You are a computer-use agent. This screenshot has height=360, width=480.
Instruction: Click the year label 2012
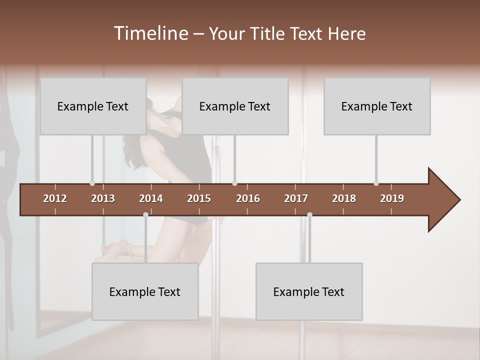click(x=55, y=198)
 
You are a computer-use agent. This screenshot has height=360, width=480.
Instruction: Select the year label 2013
click(x=103, y=198)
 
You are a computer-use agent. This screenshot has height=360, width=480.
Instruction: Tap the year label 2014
click(x=151, y=198)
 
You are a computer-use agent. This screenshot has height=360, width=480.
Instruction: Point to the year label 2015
click(x=199, y=198)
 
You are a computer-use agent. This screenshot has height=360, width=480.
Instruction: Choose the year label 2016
click(x=248, y=198)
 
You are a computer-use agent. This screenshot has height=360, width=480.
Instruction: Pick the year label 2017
click(x=296, y=198)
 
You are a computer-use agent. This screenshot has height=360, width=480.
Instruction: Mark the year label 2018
click(x=344, y=198)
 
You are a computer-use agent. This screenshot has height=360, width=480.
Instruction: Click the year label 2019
click(x=392, y=198)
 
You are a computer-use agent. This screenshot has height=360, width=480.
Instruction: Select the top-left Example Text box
click(x=93, y=106)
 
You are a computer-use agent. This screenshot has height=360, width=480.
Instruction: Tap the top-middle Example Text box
click(x=235, y=106)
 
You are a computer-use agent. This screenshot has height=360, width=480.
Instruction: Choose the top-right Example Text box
click(x=377, y=106)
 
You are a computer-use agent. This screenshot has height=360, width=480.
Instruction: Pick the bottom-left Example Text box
click(x=145, y=291)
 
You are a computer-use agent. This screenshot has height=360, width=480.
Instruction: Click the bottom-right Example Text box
click(x=309, y=291)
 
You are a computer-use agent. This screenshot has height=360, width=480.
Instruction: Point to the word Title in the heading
click(x=269, y=33)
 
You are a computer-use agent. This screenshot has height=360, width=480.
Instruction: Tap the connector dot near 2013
click(x=92, y=183)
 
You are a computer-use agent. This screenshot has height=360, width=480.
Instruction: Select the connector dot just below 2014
click(x=145, y=214)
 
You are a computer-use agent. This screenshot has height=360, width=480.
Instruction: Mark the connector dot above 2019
click(x=376, y=183)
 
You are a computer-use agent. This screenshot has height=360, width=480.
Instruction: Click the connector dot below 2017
click(x=309, y=214)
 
